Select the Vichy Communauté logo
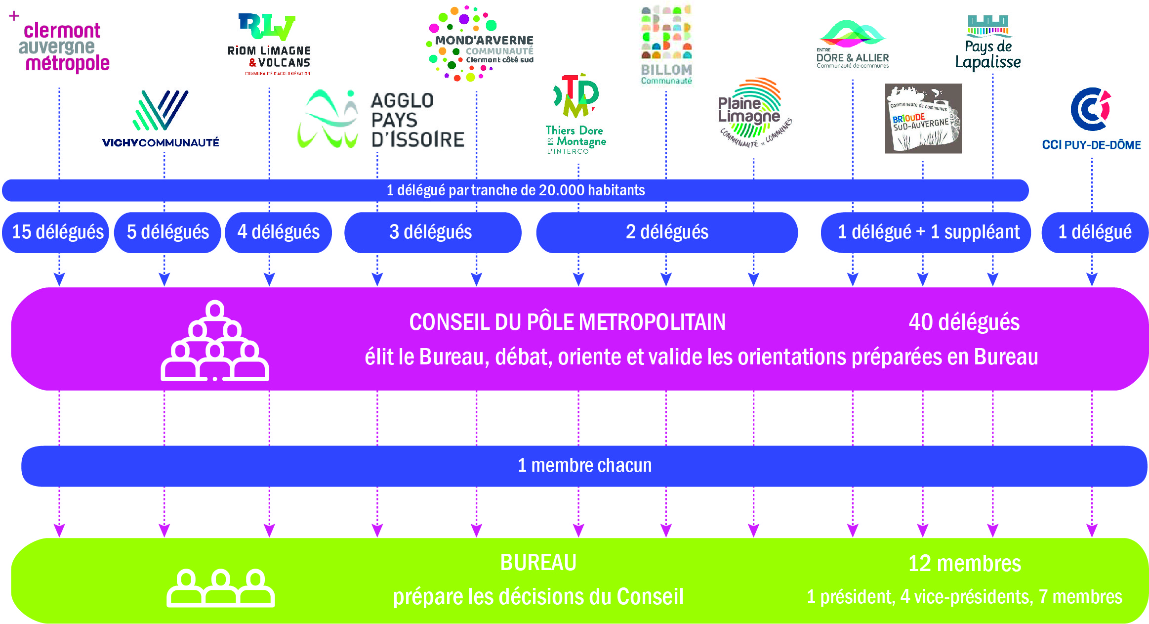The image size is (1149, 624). (161, 119)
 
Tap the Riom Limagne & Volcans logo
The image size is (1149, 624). (269, 45)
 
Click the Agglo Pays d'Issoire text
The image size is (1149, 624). (417, 120)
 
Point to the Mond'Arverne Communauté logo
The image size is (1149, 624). (479, 45)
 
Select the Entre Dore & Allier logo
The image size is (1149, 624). (853, 45)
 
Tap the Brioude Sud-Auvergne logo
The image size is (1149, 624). (923, 119)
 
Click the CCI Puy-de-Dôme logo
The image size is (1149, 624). (1091, 119)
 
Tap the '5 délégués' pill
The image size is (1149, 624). (167, 232)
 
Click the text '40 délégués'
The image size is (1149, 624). (964, 322)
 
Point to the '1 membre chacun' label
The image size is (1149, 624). (584, 466)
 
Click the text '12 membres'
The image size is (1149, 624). (964, 564)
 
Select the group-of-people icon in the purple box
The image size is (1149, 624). (215, 341)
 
